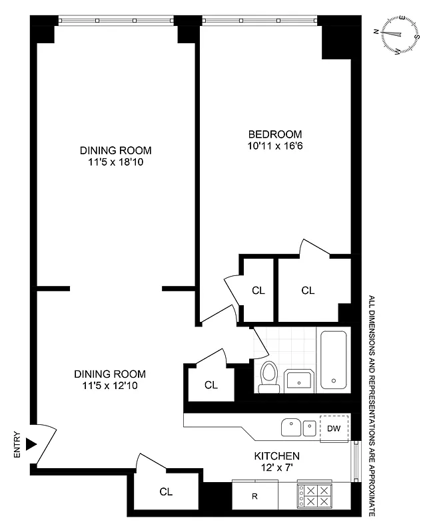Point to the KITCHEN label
tap(276, 456)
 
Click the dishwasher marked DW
tap(334, 428)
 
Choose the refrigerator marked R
tap(254, 496)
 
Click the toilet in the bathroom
tap(269, 375)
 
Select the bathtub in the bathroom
tap(333, 360)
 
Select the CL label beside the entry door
tap(166, 492)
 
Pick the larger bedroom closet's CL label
tap(308, 291)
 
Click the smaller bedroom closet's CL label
tap(258, 291)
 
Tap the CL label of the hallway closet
tap(211, 384)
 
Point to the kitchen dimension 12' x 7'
tap(276, 468)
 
